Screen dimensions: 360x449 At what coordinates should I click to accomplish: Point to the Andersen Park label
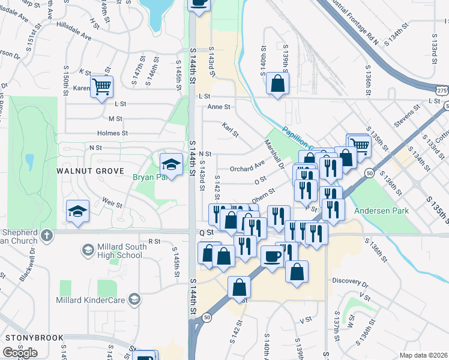[381, 211]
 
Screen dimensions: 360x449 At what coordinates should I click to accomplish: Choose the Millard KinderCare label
[90, 299]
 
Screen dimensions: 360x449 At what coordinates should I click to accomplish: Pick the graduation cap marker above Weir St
[77, 211]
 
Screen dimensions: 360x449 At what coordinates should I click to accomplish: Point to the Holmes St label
[112, 133]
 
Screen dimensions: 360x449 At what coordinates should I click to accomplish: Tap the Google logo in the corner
[20, 353]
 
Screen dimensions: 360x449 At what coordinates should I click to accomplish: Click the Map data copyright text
[423, 355]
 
